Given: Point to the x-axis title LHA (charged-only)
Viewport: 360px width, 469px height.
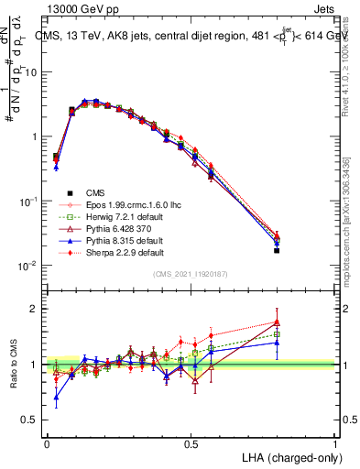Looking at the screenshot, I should (291, 456).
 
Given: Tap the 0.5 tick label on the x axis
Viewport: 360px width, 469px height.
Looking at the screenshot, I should (191, 442).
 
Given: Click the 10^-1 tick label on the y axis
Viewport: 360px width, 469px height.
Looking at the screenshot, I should (28, 201).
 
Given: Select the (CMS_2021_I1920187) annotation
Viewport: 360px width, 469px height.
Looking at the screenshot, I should (191, 273).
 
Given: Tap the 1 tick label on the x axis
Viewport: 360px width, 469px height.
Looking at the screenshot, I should (335, 442).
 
